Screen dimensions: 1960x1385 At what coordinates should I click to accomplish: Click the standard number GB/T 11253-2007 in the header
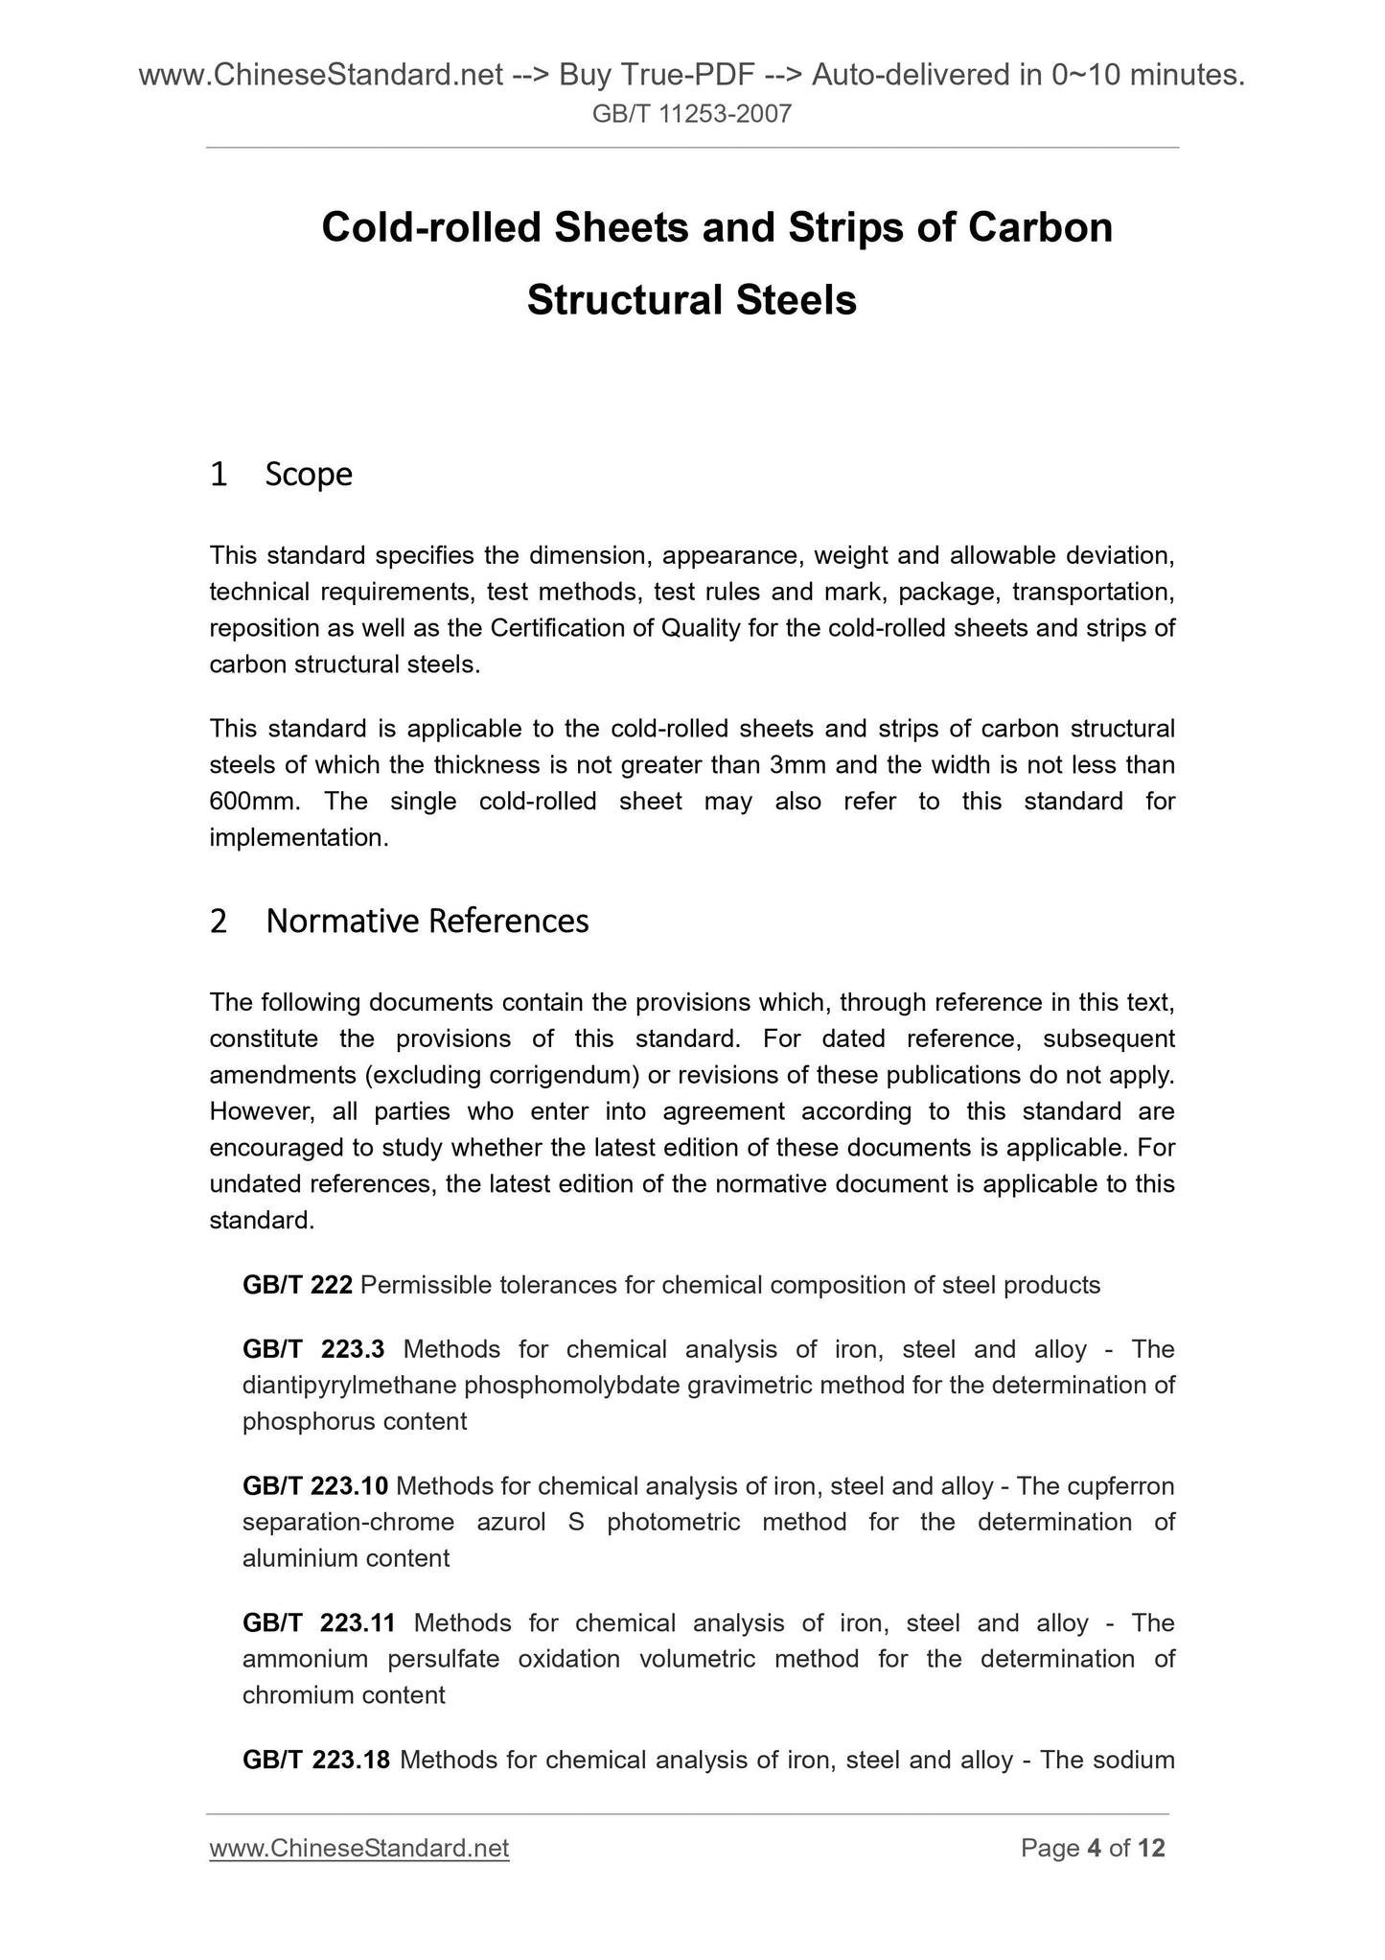tap(692, 115)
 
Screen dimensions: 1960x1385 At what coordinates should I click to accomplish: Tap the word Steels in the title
tap(796, 300)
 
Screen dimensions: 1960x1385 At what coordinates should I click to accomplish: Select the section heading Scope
tap(309, 474)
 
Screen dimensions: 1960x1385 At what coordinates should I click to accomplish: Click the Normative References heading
tap(427, 921)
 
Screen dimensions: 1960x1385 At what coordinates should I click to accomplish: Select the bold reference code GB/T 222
tap(297, 1285)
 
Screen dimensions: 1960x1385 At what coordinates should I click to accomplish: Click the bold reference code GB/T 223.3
tap(313, 1349)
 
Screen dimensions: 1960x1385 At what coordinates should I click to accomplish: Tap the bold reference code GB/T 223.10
tap(315, 1486)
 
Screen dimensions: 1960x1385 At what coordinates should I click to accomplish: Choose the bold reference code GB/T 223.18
tap(315, 1760)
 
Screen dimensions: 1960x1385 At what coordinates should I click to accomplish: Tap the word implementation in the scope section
tap(297, 838)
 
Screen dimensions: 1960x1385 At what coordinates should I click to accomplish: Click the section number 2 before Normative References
tap(219, 921)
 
